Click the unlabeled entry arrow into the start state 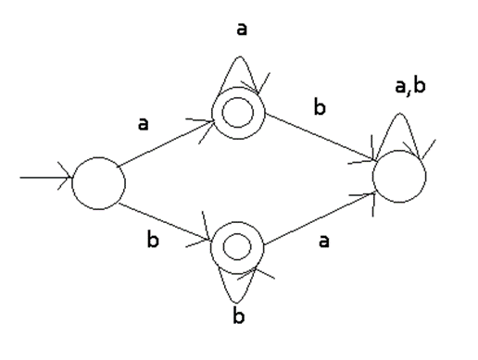click(x=46, y=178)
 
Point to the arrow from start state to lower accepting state click(x=165, y=221)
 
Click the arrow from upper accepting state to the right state click(x=321, y=137)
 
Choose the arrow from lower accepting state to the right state click(x=320, y=219)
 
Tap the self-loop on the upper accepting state click(x=241, y=56)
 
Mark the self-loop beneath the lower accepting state click(x=236, y=302)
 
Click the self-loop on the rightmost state click(x=400, y=114)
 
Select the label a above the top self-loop click(x=242, y=30)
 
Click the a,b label click(x=410, y=87)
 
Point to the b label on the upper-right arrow click(x=320, y=106)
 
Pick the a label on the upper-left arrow click(x=143, y=124)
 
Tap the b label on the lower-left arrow click(x=153, y=239)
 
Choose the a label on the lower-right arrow click(x=323, y=241)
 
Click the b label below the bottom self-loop click(x=238, y=315)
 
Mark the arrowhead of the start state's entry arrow click(x=72, y=178)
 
